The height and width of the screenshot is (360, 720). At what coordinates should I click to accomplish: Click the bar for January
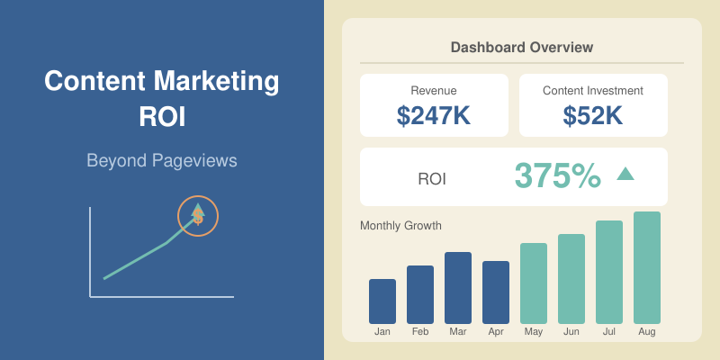click(x=382, y=301)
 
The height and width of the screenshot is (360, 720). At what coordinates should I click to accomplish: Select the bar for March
click(x=458, y=288)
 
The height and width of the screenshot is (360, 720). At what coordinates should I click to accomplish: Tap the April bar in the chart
click(x=496, y=292)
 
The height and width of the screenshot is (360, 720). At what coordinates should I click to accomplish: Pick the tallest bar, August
click(x=647, y=268)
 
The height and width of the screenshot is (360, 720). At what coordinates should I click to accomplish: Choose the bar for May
click(x=534, y=283)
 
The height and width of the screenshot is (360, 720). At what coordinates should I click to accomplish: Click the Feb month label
click(x=420, y=332)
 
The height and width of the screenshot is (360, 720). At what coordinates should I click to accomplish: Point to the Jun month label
click(x=571, y=332)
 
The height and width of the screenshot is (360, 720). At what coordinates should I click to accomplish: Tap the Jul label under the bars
click(x=609, y=332)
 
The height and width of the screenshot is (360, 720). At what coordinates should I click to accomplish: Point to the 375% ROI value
click(x=557, y=176)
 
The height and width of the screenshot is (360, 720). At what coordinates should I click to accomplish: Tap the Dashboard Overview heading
click(x=522, y=47)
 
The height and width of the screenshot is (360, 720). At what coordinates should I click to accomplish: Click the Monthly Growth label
click(x=400, y=226)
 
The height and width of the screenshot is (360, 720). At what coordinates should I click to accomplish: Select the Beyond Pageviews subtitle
click(x=162, y=161)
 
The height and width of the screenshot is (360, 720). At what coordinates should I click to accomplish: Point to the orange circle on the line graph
click(x=198, y=216)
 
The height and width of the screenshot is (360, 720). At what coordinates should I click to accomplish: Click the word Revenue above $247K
click(x=434, y=90)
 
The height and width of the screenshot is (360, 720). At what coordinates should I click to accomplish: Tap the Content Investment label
click(x=593, y=90)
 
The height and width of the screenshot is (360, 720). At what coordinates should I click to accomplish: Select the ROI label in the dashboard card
click(x=432, y=179)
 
